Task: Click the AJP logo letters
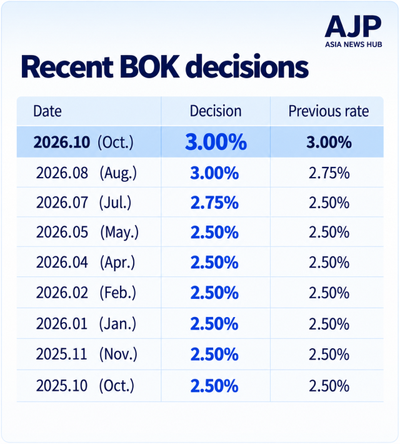[x=353, y=27]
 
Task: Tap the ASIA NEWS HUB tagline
[x=353, y=44]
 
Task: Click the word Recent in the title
[x=67, y=67]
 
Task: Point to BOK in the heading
[x=149, y=67]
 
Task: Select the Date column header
[x=47, y=111]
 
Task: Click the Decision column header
[x=216, y=111]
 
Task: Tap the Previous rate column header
[x=329, y=111]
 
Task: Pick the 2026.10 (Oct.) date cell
[x=83, y=142]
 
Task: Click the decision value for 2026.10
[x=216, y=142]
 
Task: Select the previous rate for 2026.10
[x=329, y=142]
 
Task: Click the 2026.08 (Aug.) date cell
[x=86, y=173]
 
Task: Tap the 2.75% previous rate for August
[x=329, y=173]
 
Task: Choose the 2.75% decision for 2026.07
[x=214, y=203]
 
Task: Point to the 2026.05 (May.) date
[x=87, y=233]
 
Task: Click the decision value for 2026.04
[x=214, y=263]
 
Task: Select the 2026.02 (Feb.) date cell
[x=86, y=293]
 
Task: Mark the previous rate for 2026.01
[x=329, y=324]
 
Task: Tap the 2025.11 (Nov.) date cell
[x=87, y=354]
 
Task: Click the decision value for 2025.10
[x=214, y=386]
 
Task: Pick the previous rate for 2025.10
[x=329, y=386]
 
